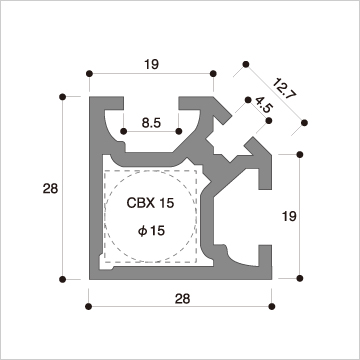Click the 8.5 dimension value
pyautogui.click(x=151, y=123)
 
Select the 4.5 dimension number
pyautogui.click(x=264, y=105)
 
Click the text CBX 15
pyautogui.click(x=150, y=203)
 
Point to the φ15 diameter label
pyautogui.click(x=152, y=230)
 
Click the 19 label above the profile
pyautogui.click(x=152, y=64)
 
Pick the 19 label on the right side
pyautogui.click(x=289, y=216)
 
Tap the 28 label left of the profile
pyautogui.click(x=50, y=189)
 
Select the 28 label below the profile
pyautogui.click(x=182, y=299)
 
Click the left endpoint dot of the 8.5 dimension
pyautogui.click(x=124, y=131)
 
